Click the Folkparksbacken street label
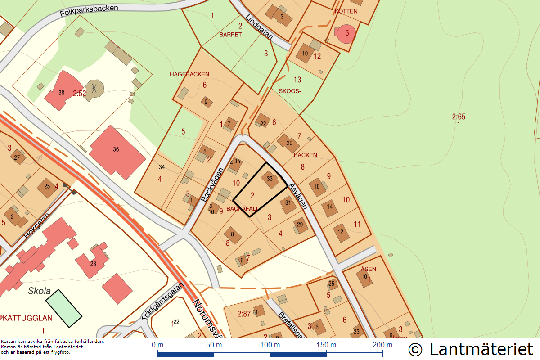(89, 11)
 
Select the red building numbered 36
(117, 150)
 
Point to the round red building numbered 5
(346, 33)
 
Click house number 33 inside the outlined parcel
(270, 179)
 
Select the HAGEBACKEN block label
(189, 74)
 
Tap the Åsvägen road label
(297, 196)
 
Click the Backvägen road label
(212, 184)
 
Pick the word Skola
(40, 291)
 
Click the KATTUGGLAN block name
(28, 318)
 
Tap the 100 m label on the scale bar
(270, 345)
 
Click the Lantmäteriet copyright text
(471, 349)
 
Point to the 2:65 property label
(459, 117)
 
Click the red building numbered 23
(93, 263)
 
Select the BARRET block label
(230, 35)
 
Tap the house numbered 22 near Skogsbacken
(263, 122)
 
